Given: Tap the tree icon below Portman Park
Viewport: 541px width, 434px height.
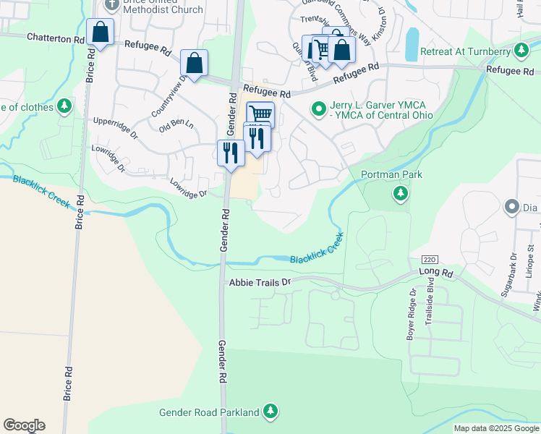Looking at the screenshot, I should [x=399, y=193].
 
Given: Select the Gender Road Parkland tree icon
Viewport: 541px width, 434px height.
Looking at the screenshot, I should [x=270, y=412].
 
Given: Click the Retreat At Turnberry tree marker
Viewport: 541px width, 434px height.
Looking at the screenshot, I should [x=521, y=50].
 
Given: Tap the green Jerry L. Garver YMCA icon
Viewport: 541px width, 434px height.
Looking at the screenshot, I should [x=318, y=110].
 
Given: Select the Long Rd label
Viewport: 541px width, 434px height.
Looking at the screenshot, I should [x=435, y=273].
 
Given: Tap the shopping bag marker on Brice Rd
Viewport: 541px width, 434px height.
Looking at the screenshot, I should [x=100, y=33].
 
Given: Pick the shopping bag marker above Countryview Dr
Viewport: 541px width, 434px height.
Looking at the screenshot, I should [x=194, y=63].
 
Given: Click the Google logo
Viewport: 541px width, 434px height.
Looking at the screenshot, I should [x=24, y=425].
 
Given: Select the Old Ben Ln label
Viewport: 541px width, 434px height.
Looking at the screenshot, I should [x=176, y=124].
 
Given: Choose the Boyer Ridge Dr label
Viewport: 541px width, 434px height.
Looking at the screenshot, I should [x=412, y=315].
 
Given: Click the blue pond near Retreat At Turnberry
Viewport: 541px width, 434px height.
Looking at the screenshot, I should [x=412, y=44].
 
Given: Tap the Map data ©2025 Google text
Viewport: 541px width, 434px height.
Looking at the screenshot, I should [x=497, y=428].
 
